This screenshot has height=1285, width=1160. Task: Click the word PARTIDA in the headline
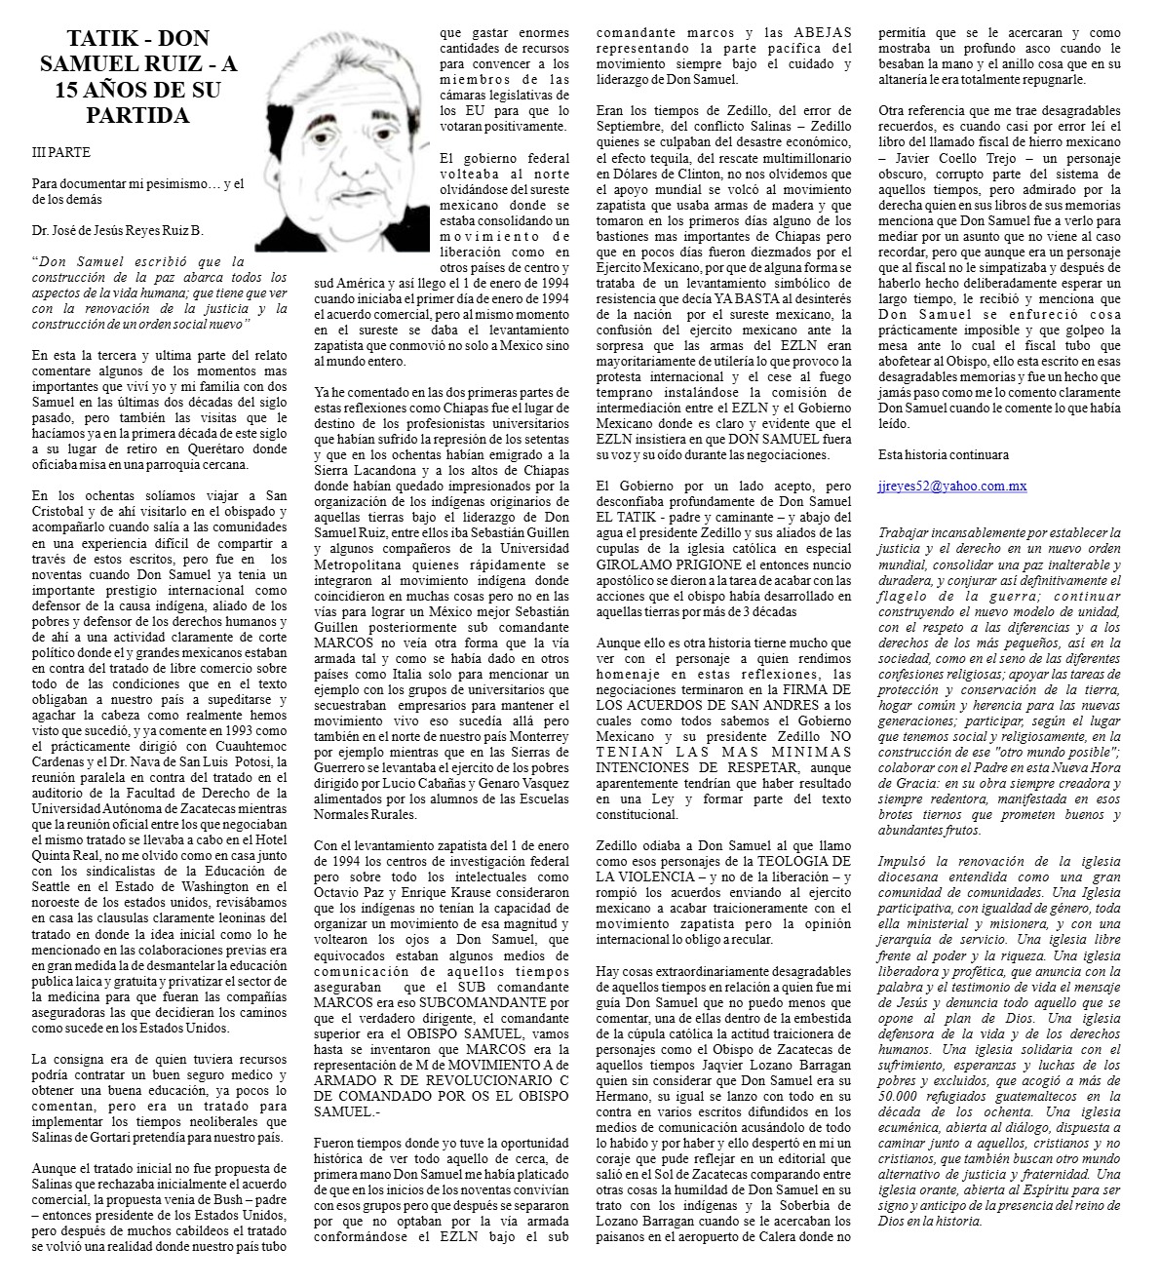coord(136,116)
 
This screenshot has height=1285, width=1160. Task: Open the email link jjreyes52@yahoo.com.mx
coord(951,486)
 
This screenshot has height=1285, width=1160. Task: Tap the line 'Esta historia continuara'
coord(943,454)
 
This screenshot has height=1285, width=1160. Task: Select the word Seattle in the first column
coord(56,886)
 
